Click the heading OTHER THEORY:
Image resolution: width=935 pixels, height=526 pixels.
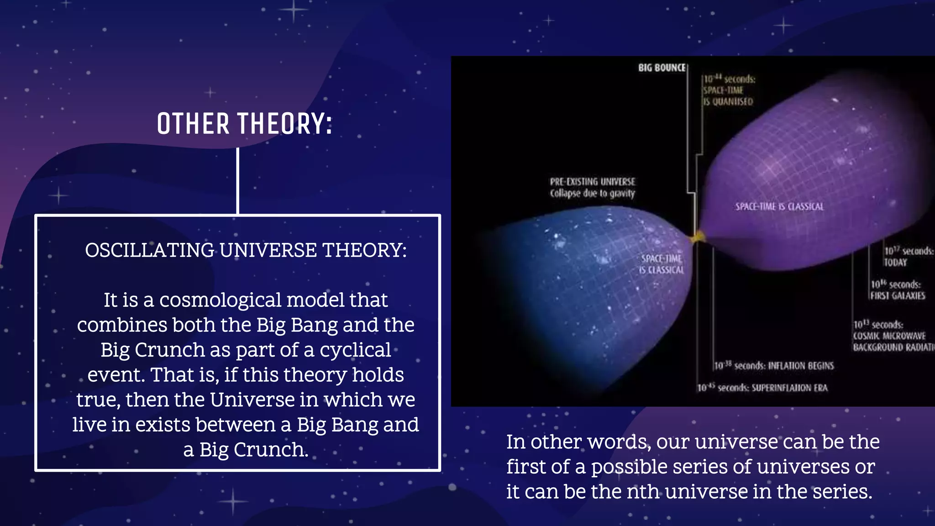(244, 124)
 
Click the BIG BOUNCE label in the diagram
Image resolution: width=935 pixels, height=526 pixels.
(662, 68)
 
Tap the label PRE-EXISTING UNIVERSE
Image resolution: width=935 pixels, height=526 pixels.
(592, 182)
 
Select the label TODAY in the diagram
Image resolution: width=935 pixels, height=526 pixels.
(895, 263)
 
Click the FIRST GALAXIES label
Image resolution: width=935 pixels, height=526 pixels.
(898, 296)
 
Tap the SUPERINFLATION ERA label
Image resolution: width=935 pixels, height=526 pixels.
(789, 388)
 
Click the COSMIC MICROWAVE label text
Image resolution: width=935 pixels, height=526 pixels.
(889, 336)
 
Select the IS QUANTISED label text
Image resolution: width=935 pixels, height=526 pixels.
(728, 101)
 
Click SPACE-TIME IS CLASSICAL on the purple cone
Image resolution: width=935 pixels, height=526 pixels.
(779, 206)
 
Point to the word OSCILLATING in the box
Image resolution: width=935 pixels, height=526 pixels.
(149, 250)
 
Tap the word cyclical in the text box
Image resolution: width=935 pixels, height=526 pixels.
(355, 350)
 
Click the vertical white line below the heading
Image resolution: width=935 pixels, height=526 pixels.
(238, 180)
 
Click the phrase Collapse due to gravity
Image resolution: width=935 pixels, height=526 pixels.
(592, 194)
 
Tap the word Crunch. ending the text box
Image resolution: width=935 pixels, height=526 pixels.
(271, 450)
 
